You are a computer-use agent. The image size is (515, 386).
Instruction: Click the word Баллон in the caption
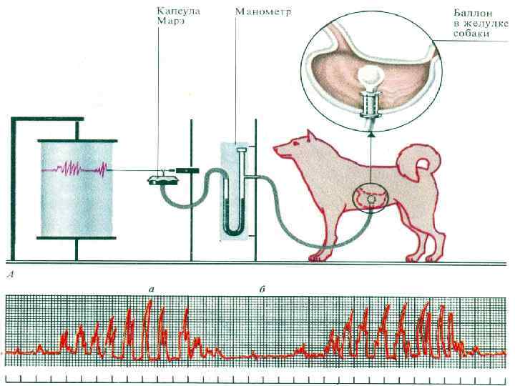[x=470, y=14]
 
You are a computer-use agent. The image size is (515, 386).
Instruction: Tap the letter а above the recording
[x=151, y=287]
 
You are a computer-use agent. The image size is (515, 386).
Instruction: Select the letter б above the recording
[x=262, y=287]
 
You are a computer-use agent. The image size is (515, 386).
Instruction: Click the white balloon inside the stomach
[x=370, y=74]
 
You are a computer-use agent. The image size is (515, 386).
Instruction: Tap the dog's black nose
[x=275, y=151]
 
